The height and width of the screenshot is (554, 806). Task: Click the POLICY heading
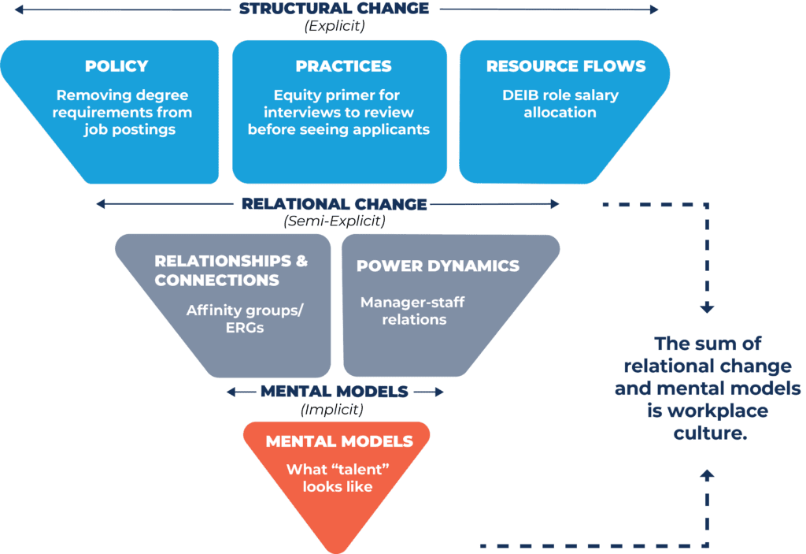[x=116, y=66]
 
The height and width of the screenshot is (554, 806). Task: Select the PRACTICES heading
[x=343, y=66]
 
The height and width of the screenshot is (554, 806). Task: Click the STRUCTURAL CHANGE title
[x=334, y=9]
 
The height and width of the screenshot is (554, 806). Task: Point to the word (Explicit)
[x=334, y=26]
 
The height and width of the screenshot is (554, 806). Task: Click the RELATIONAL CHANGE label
[x=334, y=204]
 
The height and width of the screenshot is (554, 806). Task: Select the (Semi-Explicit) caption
[x=334, y=221]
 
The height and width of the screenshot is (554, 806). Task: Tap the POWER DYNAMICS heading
[x=438, y=266]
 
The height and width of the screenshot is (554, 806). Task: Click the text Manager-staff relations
[x=412, y=310]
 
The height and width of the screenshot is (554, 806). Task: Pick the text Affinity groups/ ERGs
[x=244, y=318]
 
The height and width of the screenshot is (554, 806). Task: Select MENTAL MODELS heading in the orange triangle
[x=338, y=441]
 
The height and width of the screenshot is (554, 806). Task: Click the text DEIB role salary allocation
[x=560, y=104]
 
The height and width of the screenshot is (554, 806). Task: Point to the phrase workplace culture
[x=709, y=422]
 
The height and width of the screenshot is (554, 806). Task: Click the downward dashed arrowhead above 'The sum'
[x=707, y=307]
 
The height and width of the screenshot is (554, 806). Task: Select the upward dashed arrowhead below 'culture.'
[x=707, y=474]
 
